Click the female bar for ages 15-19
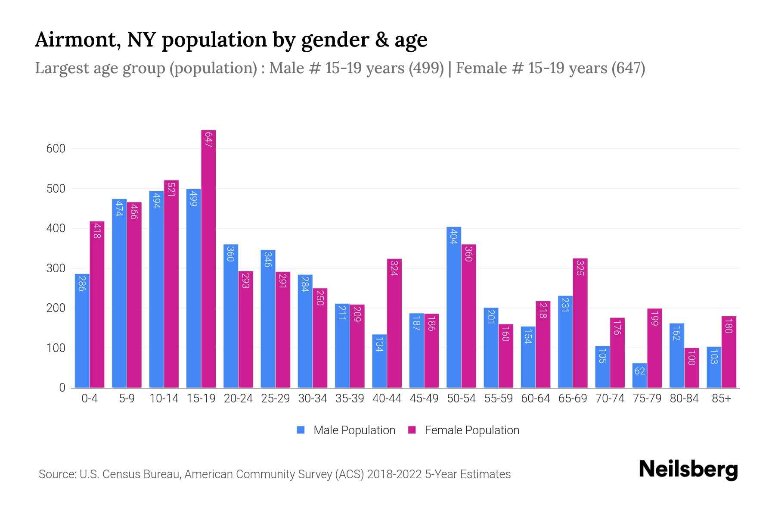point(208,258)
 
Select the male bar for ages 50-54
point(454,307)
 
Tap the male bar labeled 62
point(639,375)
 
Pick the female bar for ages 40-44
point(394,323)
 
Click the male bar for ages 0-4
point(82,330)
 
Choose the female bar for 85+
point(728,352)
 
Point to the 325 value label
point(580,268)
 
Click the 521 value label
point(171,190)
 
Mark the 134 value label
point(379,344)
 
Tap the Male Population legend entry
point(346,430)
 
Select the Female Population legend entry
point(464,430)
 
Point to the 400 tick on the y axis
point(56,228)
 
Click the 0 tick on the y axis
point(62,388)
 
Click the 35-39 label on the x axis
point(350,399)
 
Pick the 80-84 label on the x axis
point(684,399)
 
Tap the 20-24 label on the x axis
point(238,399)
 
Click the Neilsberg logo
point(688,470)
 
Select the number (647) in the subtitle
point(628,68)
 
